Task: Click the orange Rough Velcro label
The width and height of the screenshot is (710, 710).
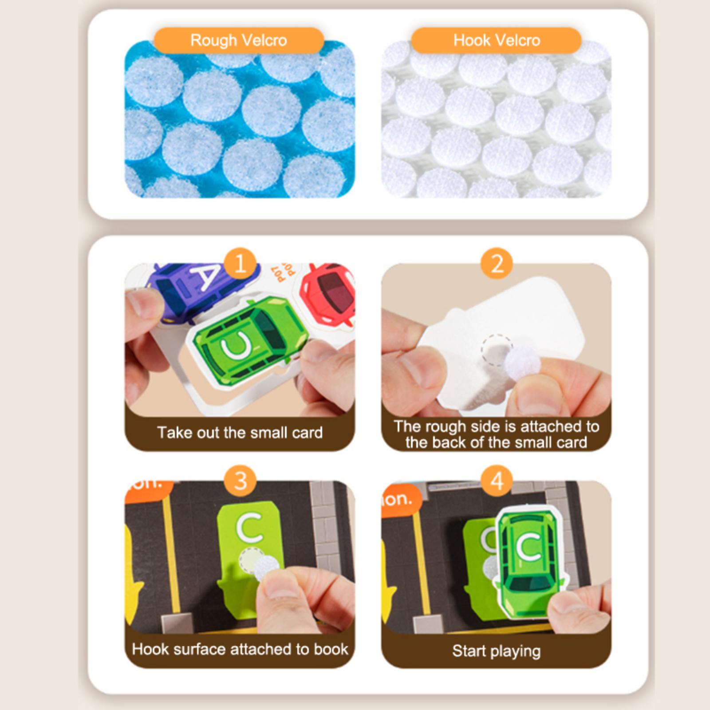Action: (x=239, y=40)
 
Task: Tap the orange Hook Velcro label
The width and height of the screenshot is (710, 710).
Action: (x=496, y=40)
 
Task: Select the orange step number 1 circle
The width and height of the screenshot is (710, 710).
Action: (x=240, y=264)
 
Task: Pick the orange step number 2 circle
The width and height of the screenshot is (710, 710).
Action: (x=497, y=264)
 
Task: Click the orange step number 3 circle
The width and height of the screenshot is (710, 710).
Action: (x=240, y=481)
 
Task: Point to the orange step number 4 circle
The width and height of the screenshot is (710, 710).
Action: (x=497, y=481)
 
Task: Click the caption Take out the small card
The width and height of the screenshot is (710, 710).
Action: (x=240, y=433)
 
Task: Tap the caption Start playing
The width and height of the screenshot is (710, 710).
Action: (x=497, y=651)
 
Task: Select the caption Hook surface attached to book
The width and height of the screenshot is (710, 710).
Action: (x=240, y=649)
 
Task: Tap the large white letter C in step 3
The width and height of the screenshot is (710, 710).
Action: (x=249, y=527)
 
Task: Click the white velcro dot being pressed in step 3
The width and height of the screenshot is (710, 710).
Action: (x=267, y=570)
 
